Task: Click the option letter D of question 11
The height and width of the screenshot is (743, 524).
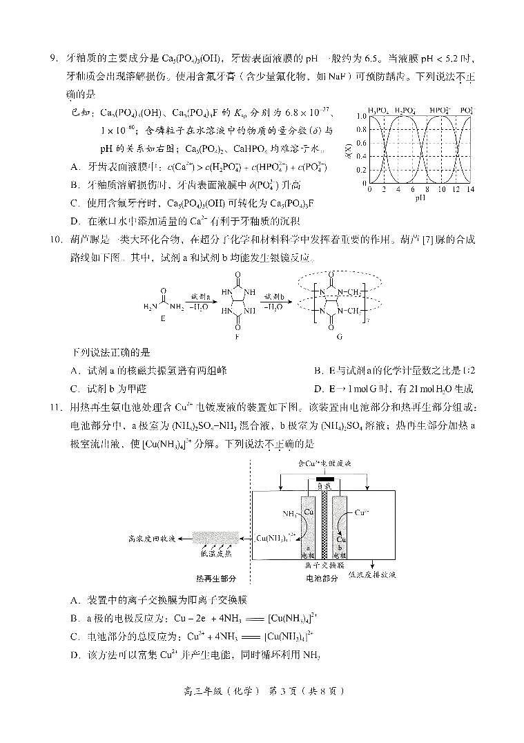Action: pyautogui.click(x=75, y=655)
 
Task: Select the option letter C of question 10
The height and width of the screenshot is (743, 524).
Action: pyautogui.click(x=75, y=389)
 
